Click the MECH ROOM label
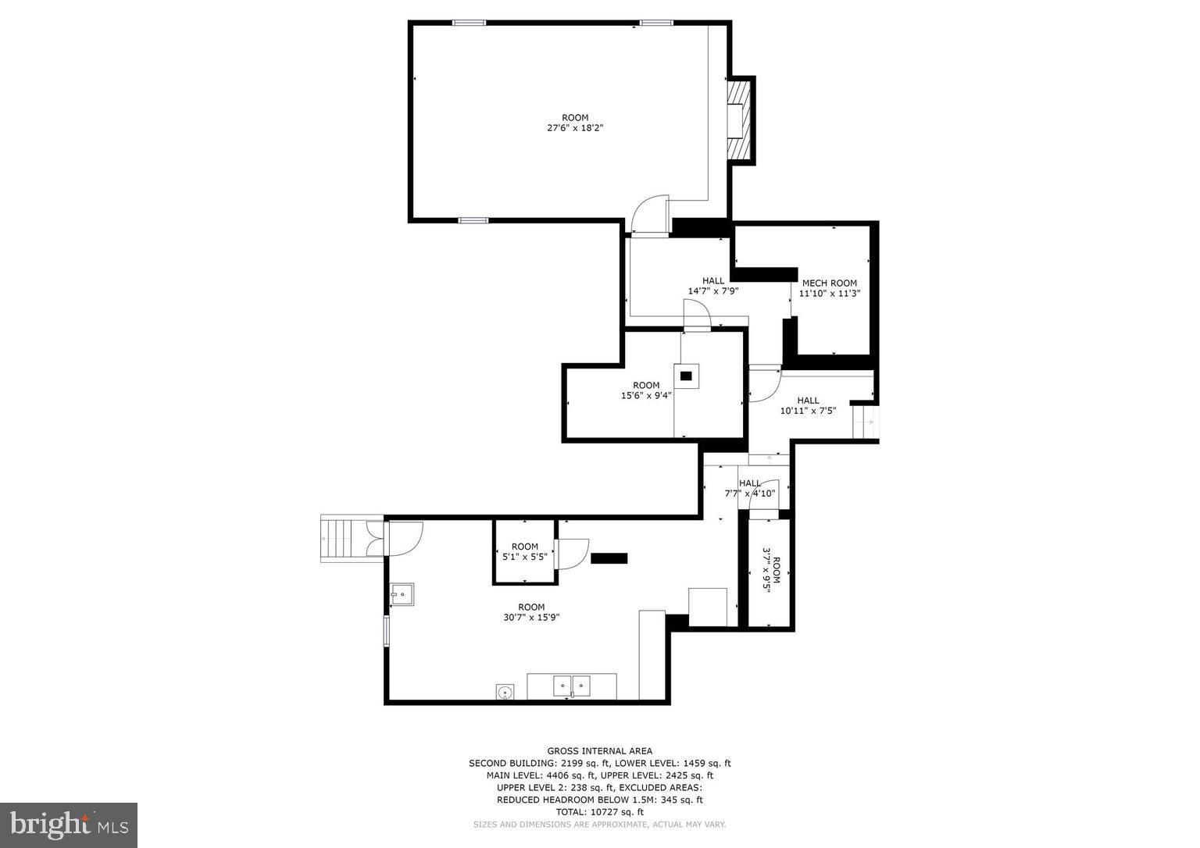click(829, 283)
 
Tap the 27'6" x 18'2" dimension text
click(575, 128)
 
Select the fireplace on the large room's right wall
click(739, 120)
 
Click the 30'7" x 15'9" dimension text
click(531, 617)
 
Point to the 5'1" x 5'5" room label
click(524, 551)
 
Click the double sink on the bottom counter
click(572, 686)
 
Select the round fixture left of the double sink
click(505, 691)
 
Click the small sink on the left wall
click(402, 594)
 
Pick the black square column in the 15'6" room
click(686, 376)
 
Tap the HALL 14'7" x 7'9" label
click(712, 286)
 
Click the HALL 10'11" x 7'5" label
click(808, 405)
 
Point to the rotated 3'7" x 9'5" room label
click(771, 570)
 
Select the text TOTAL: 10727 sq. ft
click(599, 812)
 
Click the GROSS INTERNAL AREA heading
click(599, 751)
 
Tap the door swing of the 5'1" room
click(572, 554)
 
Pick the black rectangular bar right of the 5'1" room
click(609, 558)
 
